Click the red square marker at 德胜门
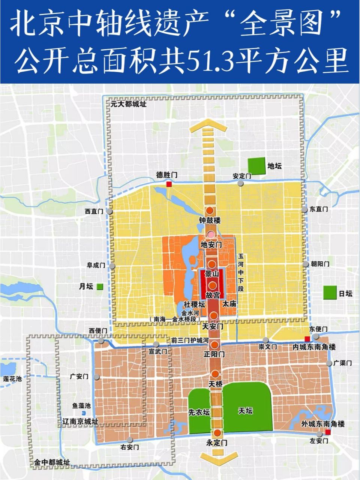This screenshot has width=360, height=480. pos(169,184)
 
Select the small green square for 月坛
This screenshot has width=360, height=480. pos(100,287)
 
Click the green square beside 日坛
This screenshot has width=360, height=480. pos(330,292)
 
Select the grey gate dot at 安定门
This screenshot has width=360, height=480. pos(240,183)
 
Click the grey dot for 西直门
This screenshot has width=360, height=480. pos(109,211)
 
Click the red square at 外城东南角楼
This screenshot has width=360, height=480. pos(328,432)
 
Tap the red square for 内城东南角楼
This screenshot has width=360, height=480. pos(307,339)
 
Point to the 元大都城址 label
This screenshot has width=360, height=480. pos(128,104)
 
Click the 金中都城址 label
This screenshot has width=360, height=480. pos(52,462)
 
